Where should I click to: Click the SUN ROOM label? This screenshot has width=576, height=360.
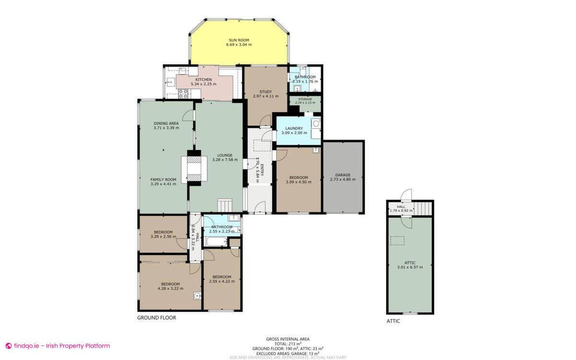coord(239,40)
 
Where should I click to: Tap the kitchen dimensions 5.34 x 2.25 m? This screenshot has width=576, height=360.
coord(204,84)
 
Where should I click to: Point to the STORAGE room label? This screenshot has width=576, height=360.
coord(305,99)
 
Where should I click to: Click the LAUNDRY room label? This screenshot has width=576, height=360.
coord(294,128)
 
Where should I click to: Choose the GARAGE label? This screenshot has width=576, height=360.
coord(343,175)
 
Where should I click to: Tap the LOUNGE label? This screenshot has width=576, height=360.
coord(225,155)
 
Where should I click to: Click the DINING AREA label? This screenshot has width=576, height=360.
coord(166,123)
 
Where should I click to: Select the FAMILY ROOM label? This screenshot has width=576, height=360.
coord(163,180)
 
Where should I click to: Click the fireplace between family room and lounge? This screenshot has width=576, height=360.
coord(194,168)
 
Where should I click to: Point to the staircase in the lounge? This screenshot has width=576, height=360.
coord(225,204)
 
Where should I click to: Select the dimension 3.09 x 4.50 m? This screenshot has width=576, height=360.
coord(297,182)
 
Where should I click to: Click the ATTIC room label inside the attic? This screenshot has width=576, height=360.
coord(410,263)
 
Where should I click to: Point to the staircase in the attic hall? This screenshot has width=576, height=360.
coord(423,209)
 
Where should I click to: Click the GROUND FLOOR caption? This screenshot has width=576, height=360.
coord(156,318)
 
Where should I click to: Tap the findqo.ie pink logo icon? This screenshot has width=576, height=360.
coord(8,346)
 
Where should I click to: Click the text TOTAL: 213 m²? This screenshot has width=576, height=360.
coord(288,344)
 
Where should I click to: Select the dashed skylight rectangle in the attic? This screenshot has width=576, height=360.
coord(397,241)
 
